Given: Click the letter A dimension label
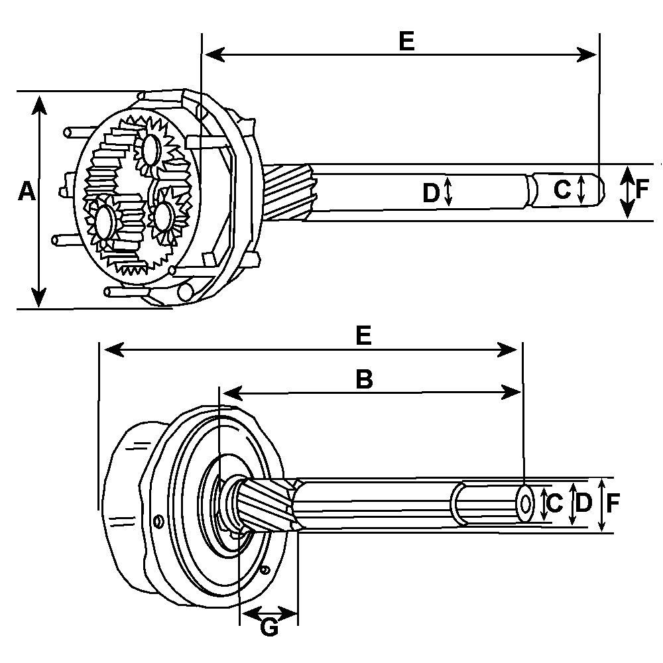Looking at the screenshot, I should pos(25,192).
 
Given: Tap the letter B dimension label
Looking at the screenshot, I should pos(364,379).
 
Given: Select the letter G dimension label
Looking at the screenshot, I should pos(269,627).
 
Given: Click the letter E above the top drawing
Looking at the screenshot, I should pos(406,41).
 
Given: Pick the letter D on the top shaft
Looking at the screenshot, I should pos(431,193).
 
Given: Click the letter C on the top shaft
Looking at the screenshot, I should pos(562,190).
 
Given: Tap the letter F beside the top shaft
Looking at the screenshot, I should pos(642,190).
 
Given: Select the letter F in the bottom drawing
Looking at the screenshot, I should pos(613,504).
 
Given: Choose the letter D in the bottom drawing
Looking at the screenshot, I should pos(583,503).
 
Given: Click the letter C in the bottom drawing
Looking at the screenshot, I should pos(556,503).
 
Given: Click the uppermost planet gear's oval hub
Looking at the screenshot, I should pos(151,150).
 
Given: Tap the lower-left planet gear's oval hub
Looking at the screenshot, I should pos(105,223).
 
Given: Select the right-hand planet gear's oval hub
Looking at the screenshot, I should pos(162,216).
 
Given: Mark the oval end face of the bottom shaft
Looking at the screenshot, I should pos(525,504).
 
